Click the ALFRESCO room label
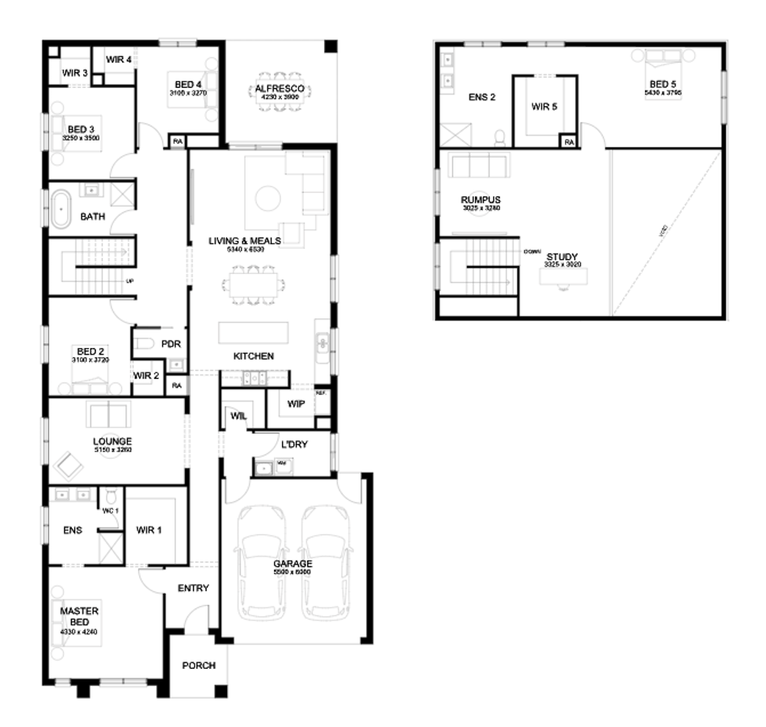(280, 88)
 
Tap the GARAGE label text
(292, 564)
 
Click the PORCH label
(198, 666)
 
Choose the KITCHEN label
(254, 356)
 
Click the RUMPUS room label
(481, 200)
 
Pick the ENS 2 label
(482, 98)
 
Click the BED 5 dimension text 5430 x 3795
(663, 94)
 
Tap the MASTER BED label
(79, 616)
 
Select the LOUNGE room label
(112, 441)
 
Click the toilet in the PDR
(145, 344)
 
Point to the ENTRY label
(193, 588)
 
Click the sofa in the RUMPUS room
(479, 167)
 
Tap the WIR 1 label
(149, 530)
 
